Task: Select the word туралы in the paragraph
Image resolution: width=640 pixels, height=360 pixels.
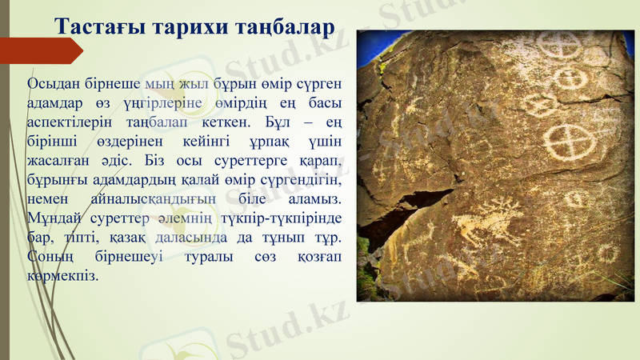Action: click(214, 257)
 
